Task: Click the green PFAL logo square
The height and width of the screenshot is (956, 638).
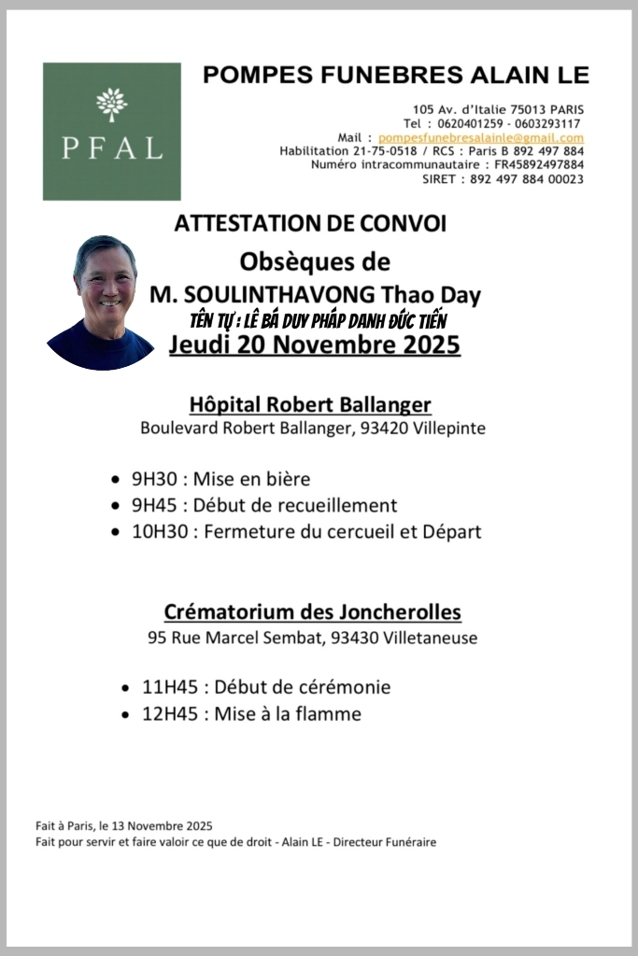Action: pos(111,131)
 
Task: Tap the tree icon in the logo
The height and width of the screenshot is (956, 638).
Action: pos(111,103)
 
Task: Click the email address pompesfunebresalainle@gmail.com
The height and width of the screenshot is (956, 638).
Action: pos(480,137)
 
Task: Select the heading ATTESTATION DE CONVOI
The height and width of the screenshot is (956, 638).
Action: pos(310,224)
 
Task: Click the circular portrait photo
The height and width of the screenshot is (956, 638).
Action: pos(101,302)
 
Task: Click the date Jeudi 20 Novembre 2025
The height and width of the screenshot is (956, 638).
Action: pos(315,345)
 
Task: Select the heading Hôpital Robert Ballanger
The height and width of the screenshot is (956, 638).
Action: pos(310,405)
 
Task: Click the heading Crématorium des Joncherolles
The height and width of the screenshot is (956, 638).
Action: pos(312,612)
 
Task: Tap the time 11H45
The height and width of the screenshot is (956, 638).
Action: pos(169,688)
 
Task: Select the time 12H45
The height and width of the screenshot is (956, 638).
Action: pos(169,714)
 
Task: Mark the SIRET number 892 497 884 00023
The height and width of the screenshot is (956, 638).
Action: pos(527,179)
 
